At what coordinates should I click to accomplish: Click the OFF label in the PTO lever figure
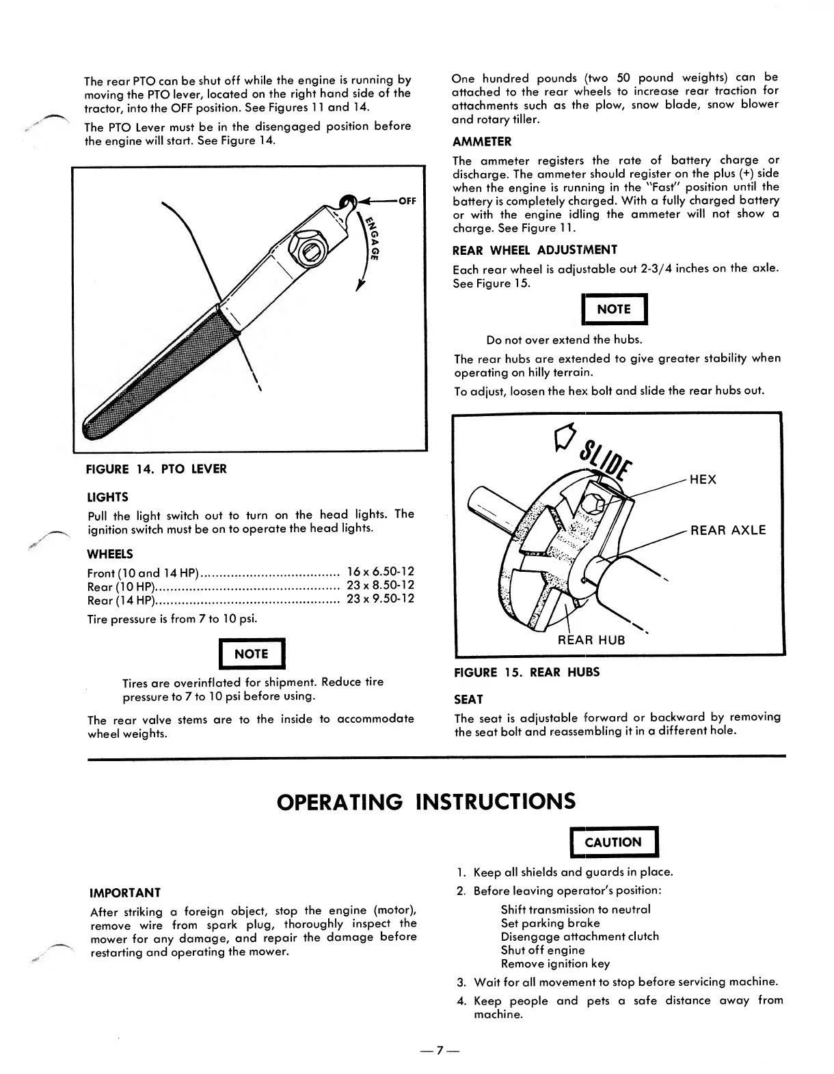pyautogui.click(x=407, y=201)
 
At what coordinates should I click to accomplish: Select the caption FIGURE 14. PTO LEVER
pyautogui.click(x=156, y=469)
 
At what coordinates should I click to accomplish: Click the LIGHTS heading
pyautogui.click(x=108, y=497)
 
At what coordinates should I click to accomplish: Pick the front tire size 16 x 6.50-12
pyautogui.click(x=381, y=571)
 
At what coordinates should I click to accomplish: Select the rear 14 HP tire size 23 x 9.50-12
pyautogui.click(x=381, y=598)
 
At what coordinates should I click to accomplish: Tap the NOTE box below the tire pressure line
pyautogui.click(x=251, y=654)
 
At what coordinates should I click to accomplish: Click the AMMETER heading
pyautogui.click(x=481, y=141)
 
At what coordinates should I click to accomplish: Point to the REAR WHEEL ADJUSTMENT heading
pyautogui.click(x=535, y=249)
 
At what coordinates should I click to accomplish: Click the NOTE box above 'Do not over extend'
pyautogui.click(x=613, y=309)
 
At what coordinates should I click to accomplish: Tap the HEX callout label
pyautogui.click(x=703, y=480)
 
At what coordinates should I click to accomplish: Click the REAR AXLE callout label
pyautogui.click(x=728, y=530)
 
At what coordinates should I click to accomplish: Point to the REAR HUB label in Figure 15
pyautogui.click(x=591, y=640)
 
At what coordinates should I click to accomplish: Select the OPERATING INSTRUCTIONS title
pyautogui.click(x=426, y=800)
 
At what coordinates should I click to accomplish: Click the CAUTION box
pyautogui.click(x=613, y=842)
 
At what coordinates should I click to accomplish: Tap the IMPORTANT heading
pyautogui.click(x=126, y=892)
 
